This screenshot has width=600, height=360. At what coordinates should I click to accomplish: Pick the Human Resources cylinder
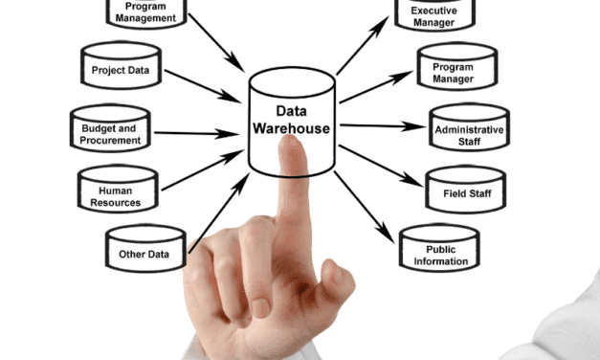click(x=120, y=195)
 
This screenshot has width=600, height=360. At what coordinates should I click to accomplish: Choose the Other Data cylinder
click(x=144, y=253)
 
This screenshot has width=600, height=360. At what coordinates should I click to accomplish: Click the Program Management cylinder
click(x=144, y=12)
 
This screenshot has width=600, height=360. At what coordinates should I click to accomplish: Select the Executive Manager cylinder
click(x=433, y=15)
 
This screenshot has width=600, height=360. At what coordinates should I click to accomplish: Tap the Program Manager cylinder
click(x=453, y=73)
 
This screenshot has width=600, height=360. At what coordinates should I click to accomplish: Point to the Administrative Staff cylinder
click(x=468, y=134)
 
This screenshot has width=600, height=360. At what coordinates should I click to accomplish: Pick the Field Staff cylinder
click(x=466, y=192)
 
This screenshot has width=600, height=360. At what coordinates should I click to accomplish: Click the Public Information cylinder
click(x=440, y=254)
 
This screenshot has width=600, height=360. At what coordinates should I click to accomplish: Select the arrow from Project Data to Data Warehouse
click(x=203, y=85)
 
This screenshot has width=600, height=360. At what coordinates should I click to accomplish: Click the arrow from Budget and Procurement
click(x=197, y=132)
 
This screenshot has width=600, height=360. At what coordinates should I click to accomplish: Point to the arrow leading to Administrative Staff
click(x=383, y=126)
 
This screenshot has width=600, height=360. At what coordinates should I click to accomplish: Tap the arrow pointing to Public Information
click(x=363, y=206)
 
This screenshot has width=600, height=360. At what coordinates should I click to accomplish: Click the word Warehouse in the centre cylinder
click(x=292, y=128)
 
